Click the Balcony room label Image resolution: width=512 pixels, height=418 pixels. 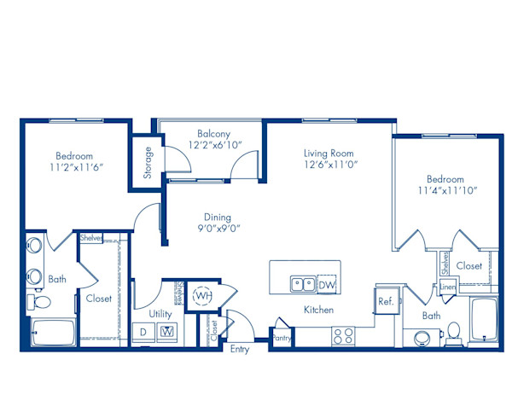213,134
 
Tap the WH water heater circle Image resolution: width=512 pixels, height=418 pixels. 203,295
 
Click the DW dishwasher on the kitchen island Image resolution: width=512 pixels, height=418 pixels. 327,284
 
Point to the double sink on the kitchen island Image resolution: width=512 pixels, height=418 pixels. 301,284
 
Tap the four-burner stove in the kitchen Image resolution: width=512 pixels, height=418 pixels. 343,335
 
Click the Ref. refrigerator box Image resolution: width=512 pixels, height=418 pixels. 386,301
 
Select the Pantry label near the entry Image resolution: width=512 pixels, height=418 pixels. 281,339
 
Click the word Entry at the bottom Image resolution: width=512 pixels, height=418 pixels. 240,350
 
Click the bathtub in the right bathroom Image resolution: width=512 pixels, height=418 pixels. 484,322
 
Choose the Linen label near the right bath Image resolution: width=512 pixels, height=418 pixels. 447,287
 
